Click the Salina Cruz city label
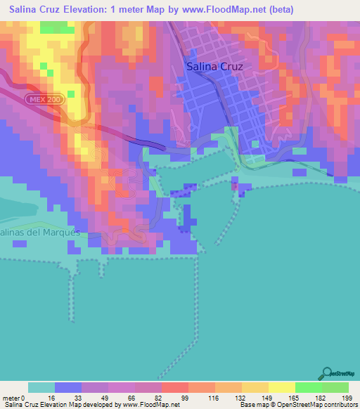[x=215, y=67]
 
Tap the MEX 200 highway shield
[x=45, y=100]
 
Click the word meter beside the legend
[x=12, y=398]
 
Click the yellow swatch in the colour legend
[x=282, y=387]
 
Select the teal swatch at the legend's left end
[x=41, y=387]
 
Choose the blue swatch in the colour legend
[x=68, y=387]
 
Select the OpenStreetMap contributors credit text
[x=316, y=405]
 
